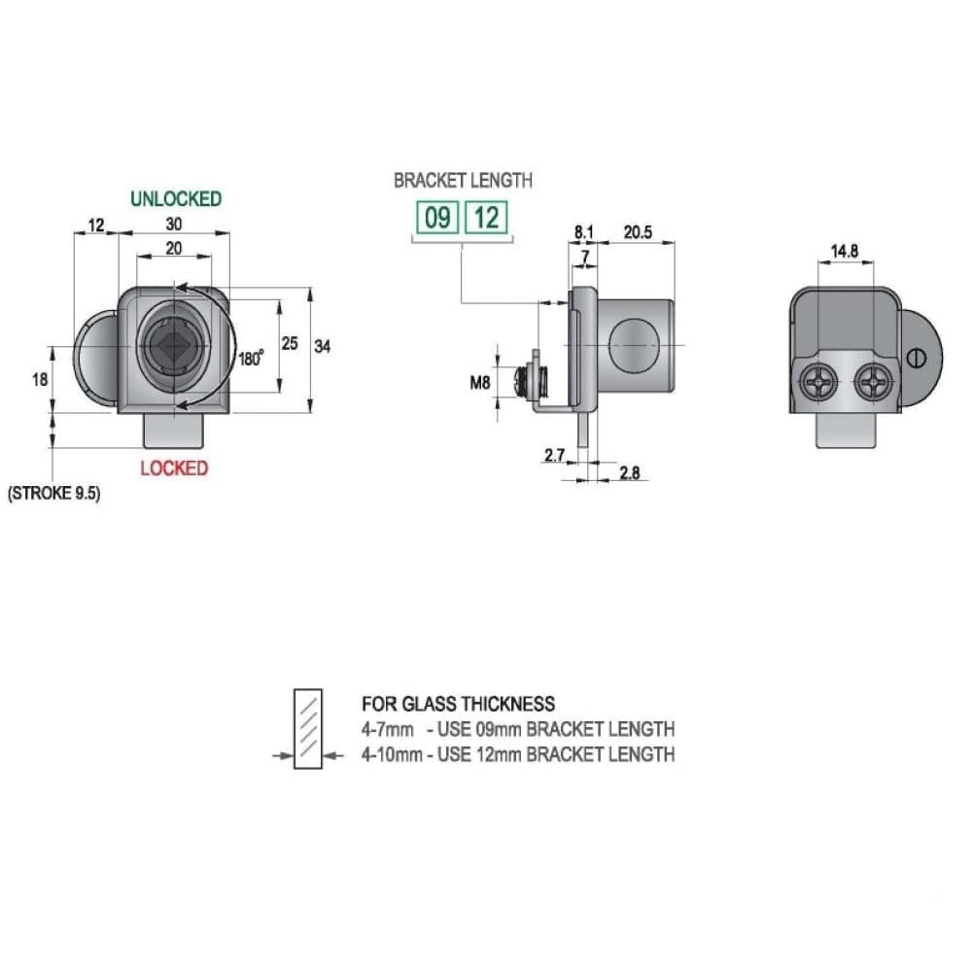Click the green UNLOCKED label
point(176,199)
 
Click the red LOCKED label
point(174,469)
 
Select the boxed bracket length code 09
point(437,218)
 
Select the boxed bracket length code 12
point(487,218)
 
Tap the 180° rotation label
point(251,359)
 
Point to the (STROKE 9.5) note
point(53,494)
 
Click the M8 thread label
point(480,383)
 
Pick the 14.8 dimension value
point(845,251)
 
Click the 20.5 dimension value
point(638,232)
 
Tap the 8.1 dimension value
point(583,232)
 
